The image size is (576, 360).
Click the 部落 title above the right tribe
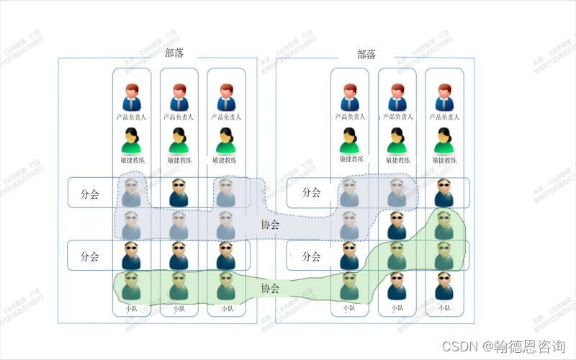click(x=366, y=54)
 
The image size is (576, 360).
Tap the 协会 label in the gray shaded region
click(x=271, y=225)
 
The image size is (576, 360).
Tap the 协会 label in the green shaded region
click(x=271, y=288)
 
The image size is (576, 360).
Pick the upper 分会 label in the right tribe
click(x=310, y=192)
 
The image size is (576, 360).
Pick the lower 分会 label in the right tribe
click(x=310, y=256)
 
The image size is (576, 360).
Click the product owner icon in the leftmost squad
click(x=131, y=97)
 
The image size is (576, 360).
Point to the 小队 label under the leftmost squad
click(x=131, y=309)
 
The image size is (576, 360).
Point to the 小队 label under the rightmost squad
click(x=444, y=309)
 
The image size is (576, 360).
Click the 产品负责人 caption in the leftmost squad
click(x=131, y=117)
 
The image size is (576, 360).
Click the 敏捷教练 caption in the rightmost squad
click(x=444, y=160)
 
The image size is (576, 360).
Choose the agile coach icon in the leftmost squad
click(x=131, y=140)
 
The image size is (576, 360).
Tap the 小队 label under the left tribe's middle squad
click(x=179, y=309)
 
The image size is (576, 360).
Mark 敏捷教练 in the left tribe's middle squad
click(x=179, y=160)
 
